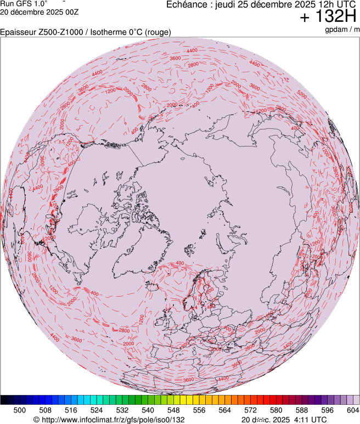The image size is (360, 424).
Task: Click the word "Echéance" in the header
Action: click(x=187, y=5)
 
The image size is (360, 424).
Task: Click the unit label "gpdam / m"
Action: click(x=342, y=30)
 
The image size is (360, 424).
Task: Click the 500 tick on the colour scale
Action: click(x=20, y=410)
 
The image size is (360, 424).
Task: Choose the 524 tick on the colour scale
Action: click(x=97, y=410)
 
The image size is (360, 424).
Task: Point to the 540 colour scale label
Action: click(x=148, y=410)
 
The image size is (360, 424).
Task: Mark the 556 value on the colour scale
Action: click(x=199, y=410)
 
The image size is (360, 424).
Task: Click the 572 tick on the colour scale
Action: click(x=250, y=410)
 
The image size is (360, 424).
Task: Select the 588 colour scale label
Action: click(x=301, y=410)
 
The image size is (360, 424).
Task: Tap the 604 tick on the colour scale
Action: click(x=352, y=410)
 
